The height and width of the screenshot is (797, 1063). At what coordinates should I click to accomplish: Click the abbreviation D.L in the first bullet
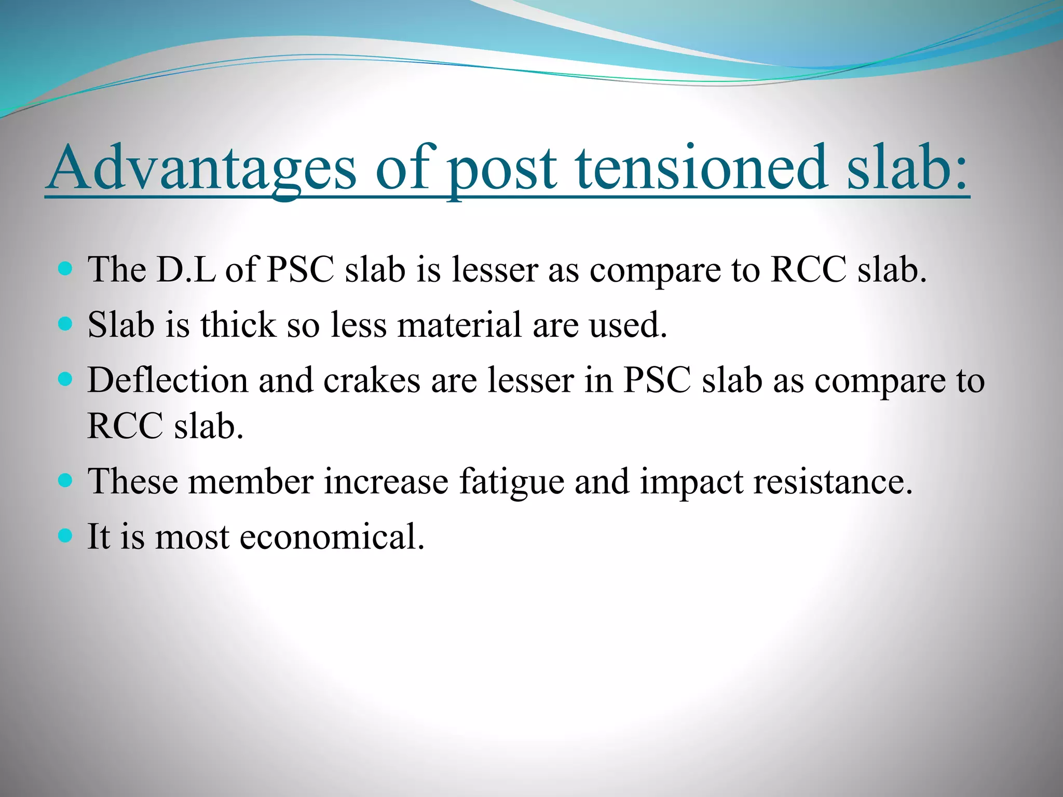click(x=186, y=270)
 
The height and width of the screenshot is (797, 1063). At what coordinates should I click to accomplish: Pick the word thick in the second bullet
click(x=238, y=325)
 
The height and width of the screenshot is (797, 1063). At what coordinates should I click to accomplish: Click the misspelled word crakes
click(x=372, y=380)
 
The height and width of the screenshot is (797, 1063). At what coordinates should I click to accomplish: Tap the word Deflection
click(x=168, y=380)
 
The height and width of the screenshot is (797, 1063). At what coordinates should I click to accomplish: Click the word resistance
click(x=832, y=482)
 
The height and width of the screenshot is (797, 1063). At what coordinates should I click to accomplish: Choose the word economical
click(x=332, y=537)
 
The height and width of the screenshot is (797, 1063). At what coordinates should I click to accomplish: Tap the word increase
click(x=386, y=482)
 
